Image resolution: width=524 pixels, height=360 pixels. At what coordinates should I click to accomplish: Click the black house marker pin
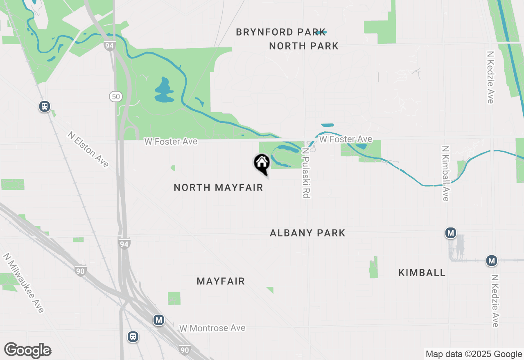(x=262, y=164)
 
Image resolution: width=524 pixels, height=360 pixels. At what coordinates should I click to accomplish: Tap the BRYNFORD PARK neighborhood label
(x=281, y=32)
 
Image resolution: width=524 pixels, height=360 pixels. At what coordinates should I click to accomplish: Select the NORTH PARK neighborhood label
(x=304, y=46)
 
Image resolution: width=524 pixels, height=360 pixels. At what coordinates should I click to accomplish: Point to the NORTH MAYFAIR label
(x=218, y=187)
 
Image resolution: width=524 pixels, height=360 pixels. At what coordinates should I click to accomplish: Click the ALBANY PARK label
(x=307, y=233)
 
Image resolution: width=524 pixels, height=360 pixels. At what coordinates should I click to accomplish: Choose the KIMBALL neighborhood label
(x=422, y=272)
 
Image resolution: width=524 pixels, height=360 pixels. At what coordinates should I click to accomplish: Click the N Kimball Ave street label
(x=445, y=173)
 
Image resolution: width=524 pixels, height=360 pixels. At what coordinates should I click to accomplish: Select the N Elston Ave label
(x=88, y=149)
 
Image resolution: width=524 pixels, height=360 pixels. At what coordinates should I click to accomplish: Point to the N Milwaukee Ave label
(x=23, y=283)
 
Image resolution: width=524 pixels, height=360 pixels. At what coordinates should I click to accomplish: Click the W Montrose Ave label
(x=212, y=328)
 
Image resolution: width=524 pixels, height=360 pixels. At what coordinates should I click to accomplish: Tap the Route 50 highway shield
(x=116, y=97)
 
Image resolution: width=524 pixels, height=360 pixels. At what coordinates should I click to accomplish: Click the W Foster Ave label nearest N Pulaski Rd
(x=346, y=139)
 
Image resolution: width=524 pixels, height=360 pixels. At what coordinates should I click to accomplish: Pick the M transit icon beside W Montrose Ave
(x=159, y=320)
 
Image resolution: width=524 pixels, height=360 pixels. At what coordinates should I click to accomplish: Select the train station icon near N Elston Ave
(x=45, y=106)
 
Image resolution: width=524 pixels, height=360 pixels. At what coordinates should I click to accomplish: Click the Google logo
(x=27, y=351)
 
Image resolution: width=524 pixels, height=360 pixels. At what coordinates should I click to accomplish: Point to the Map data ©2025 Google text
(x=474, y=354)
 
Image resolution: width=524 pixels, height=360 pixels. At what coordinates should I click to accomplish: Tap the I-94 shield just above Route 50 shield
(x=109, y=46)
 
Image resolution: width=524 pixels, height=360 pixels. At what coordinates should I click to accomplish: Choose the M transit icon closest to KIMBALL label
(x=451, y=233)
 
